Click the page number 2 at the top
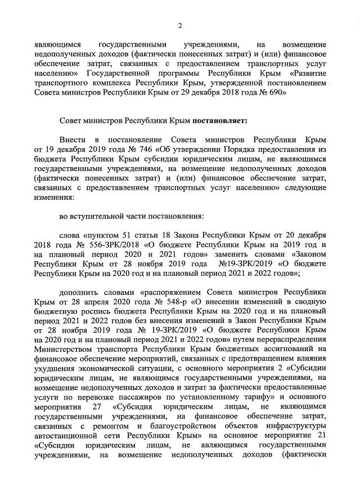[181, 25]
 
